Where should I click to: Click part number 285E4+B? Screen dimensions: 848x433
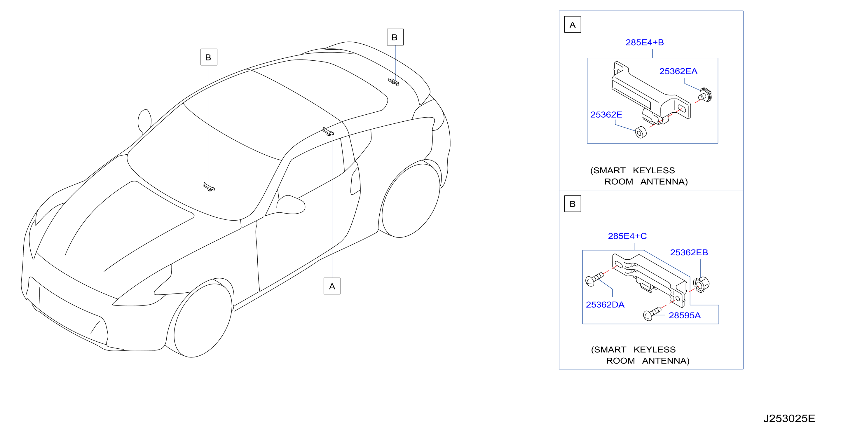coord(645,43)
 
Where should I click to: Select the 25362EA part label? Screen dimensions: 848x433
coord(678,71)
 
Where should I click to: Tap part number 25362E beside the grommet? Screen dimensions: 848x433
coord(606,115)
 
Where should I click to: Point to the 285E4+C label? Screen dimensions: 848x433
coord(627,236)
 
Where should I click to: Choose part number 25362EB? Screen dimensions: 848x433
coord(689,253)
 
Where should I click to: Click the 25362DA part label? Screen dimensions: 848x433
coord(605,305)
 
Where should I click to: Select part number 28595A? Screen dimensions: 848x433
coord(685,315)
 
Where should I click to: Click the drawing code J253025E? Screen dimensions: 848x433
coord(789,418)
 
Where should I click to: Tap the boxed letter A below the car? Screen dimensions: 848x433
coord(332,286)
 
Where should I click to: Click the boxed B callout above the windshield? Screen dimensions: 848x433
coord(209,57)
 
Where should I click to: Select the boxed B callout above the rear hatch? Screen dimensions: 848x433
coord(395,37)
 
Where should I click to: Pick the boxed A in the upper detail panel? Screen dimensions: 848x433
coord(573,25)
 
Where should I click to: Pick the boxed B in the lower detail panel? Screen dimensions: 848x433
coord(573,204)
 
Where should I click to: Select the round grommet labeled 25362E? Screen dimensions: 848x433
coord(641,132)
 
